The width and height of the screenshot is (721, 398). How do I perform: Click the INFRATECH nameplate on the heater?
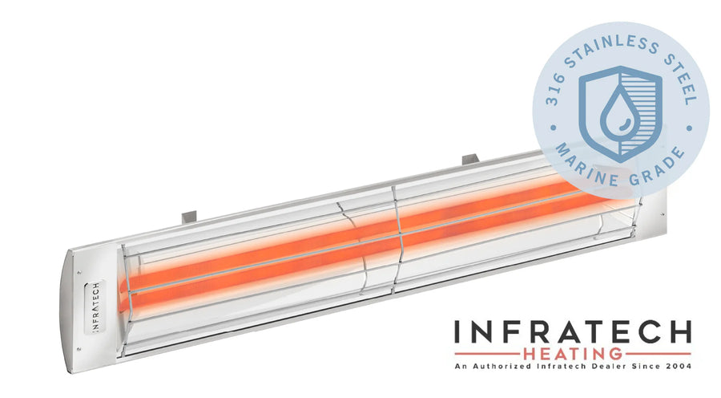coord(95,306)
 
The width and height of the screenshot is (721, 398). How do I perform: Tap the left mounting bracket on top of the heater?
coord(189,217)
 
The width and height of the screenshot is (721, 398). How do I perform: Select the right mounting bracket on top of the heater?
coord(471,160)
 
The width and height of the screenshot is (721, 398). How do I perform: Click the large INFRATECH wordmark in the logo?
coord(573,332)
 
